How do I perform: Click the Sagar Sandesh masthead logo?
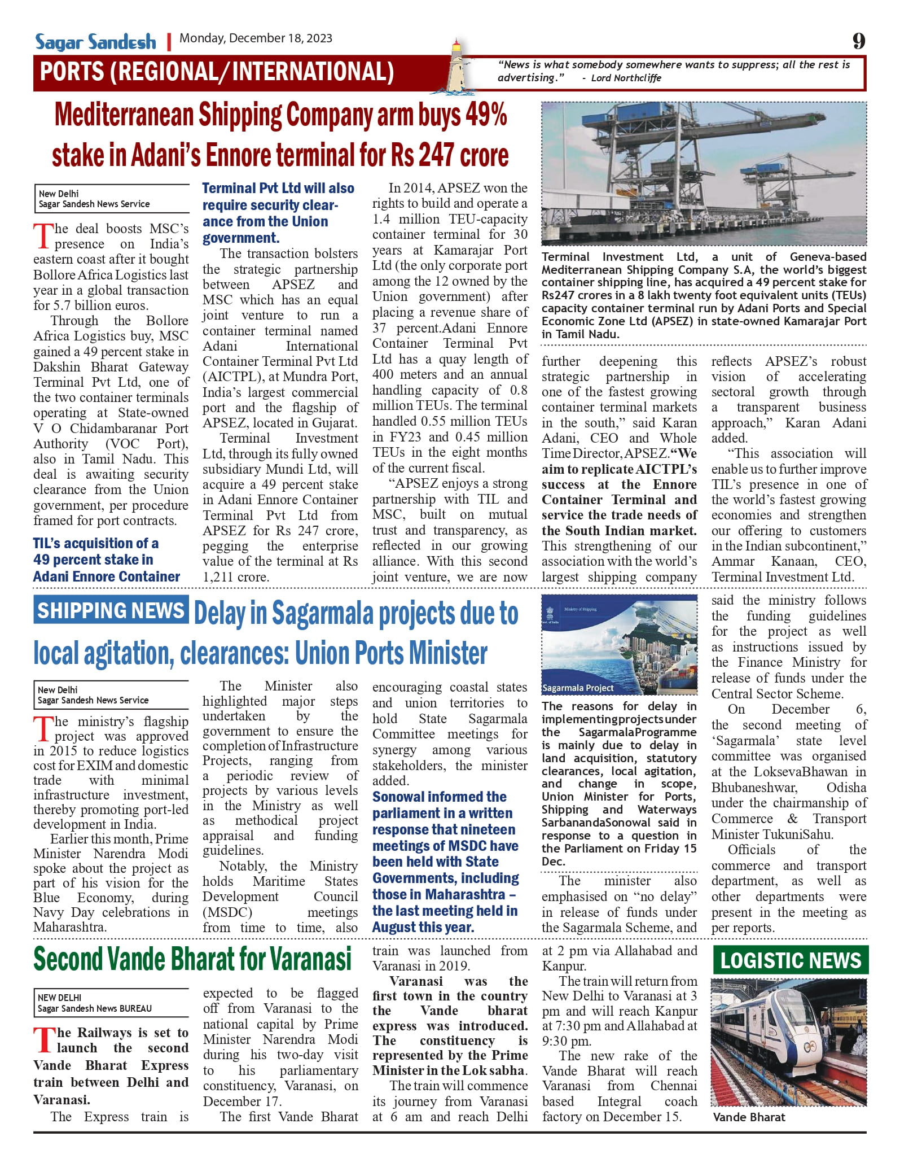click(x=95, y=41)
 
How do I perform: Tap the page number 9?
click(x=858, y=41)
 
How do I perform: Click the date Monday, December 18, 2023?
click(x=256, y=38)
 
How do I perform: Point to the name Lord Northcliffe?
click(x=626, y=78)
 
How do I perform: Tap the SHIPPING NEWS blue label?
click(x=111, y=610)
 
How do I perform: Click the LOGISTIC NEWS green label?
click(x=791, y=960)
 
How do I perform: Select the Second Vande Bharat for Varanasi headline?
click(x=192, y=959)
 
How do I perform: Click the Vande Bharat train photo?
click(x=788, y=1042)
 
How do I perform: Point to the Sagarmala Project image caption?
click(x=577, y=688)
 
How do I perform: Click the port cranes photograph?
click(x=704, y=173)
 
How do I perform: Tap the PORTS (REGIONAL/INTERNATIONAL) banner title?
click(x=217, y=72)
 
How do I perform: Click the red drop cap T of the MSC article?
click(x=43, y=236)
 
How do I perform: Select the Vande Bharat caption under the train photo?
click(x=749, y=1117)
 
